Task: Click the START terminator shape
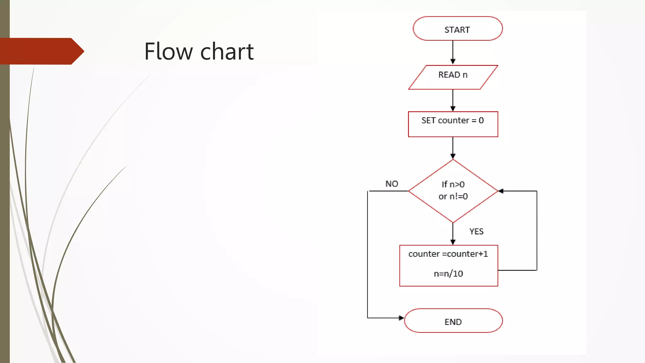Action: [457, 29]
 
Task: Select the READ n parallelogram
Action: [453, 77]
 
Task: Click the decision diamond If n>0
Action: [453, 191]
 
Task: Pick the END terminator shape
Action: [453, 321]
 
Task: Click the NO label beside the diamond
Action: [392, 184]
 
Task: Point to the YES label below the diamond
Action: [476, 231]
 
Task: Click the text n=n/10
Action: [448, 274]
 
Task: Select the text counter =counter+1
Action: [448, 254]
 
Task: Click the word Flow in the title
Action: [168, 51]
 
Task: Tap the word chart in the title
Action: [227, 51]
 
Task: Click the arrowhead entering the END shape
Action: [402, 318]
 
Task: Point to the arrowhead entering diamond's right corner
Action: [501, 191]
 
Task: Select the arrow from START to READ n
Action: [453, 52]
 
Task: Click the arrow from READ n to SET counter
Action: [453, 100]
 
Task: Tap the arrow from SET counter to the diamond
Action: [453, 147]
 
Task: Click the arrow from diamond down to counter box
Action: [453, 233]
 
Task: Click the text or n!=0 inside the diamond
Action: [453, 196]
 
